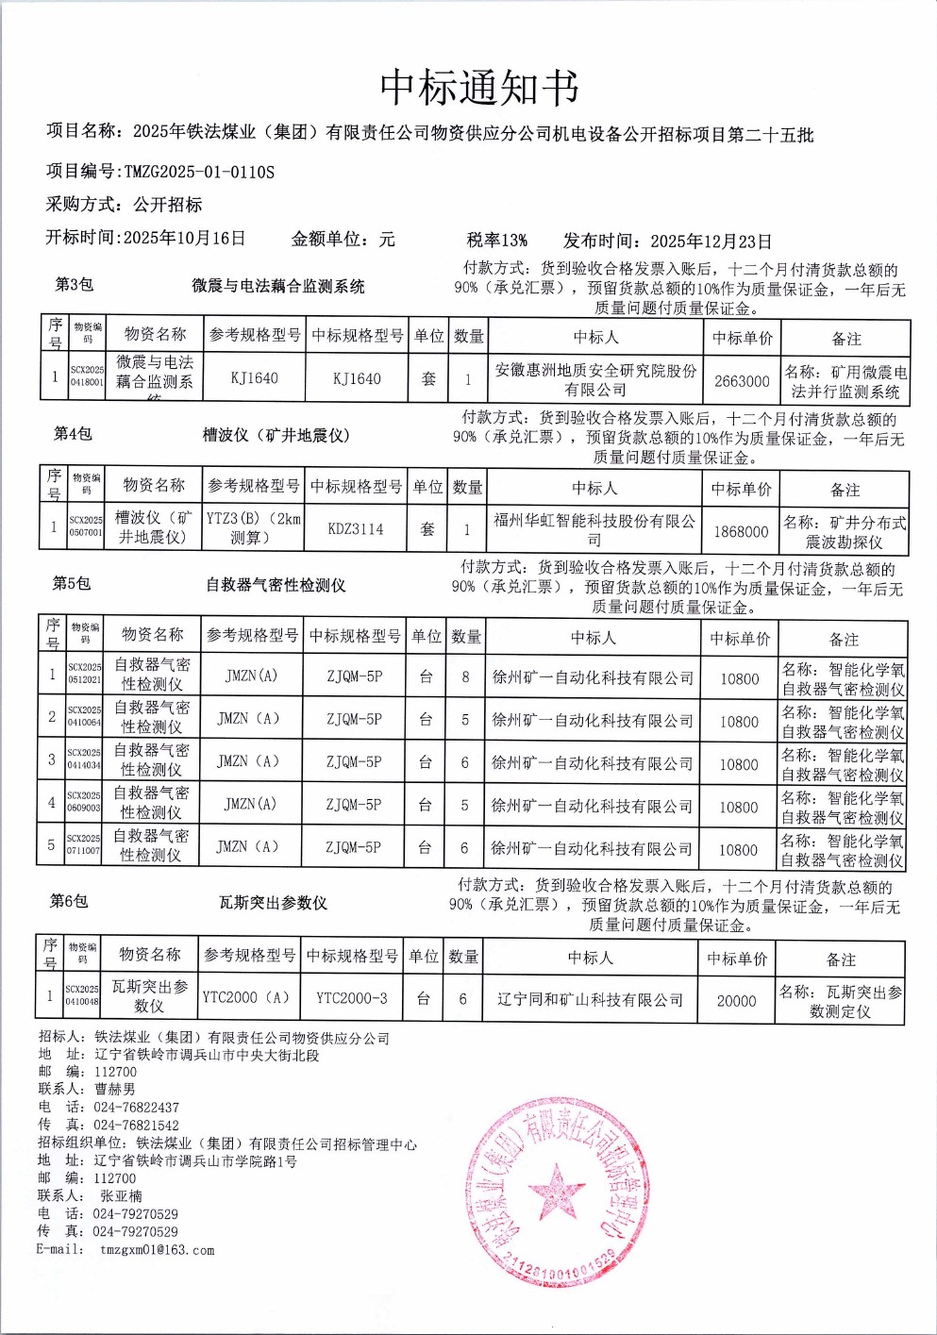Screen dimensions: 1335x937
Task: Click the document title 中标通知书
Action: click(478, 88)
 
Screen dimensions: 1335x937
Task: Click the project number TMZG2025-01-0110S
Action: click(199, 172)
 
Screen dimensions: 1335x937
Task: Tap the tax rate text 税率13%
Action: click(496, 240)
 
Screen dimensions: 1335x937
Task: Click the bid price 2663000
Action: click(742, 381)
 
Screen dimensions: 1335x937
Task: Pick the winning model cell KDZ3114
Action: click(356, 529)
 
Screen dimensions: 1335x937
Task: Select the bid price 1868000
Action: click(741, 531)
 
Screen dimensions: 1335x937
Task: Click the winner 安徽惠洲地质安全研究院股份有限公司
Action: click(595, 379)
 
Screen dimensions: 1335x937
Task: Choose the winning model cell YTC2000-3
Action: click(351, 998)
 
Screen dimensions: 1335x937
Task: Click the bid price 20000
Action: click(736, 1000)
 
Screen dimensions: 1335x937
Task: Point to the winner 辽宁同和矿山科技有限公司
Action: click(590, 999)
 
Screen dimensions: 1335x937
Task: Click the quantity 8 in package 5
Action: click(465, 676)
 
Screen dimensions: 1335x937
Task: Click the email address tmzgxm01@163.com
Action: click(157, 1250)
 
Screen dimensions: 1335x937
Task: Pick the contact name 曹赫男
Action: click(115, 1089)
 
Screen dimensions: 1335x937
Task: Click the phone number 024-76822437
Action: click(136, 1107)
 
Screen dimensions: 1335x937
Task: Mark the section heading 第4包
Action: click(73, 433)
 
